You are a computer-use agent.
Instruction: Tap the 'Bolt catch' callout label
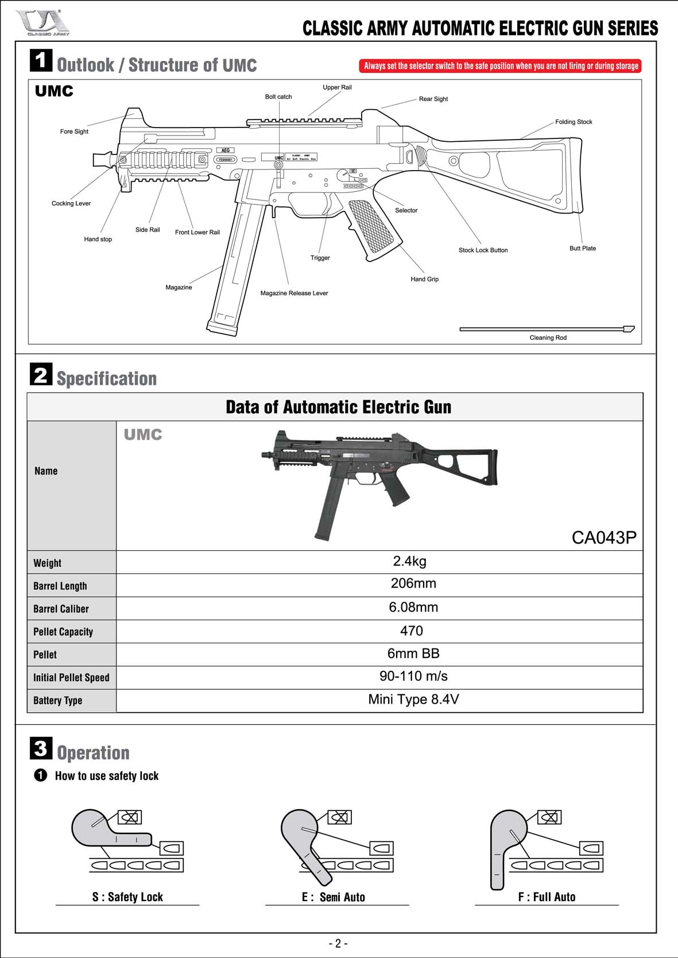point(278,97)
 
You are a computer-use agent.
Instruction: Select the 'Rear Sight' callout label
point(433,99)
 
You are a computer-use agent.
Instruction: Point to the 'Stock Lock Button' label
point(483,250)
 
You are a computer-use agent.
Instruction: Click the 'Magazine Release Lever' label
point(294,293)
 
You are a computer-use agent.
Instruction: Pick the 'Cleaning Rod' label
point(548,338)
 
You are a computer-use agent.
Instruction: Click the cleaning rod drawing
point(545,329)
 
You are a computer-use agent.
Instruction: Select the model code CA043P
point(604,538)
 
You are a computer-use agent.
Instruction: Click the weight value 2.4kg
point(409,561)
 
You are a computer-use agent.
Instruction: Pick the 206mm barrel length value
point(413,584)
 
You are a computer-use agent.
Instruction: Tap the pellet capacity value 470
point(412,631)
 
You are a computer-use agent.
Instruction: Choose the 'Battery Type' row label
point(58,701)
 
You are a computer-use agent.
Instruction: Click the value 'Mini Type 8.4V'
point(413,700)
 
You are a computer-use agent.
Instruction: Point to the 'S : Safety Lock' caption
point(127,897)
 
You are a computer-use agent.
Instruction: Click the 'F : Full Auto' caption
point(547,897)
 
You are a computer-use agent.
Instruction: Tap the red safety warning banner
point(500,66)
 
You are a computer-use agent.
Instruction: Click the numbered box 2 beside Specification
point(41,374)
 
